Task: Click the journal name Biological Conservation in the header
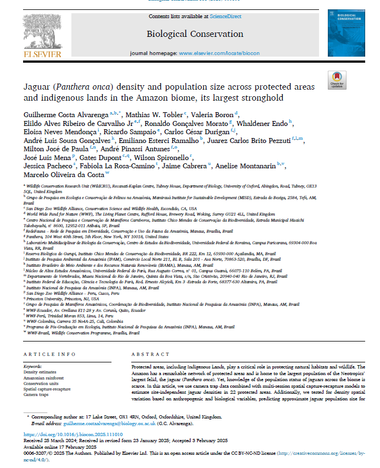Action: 195,34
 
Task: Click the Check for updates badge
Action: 336,80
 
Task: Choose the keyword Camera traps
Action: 36,394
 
